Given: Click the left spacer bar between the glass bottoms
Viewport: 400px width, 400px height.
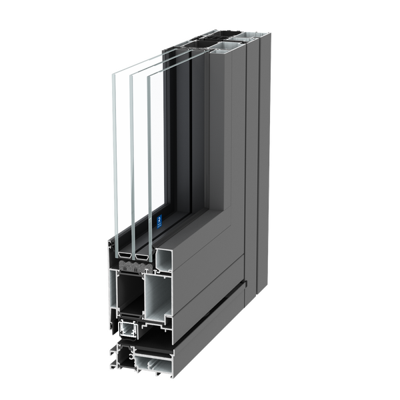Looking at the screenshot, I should [124, 254].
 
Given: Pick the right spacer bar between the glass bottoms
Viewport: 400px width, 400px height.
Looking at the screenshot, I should [141, 254].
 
